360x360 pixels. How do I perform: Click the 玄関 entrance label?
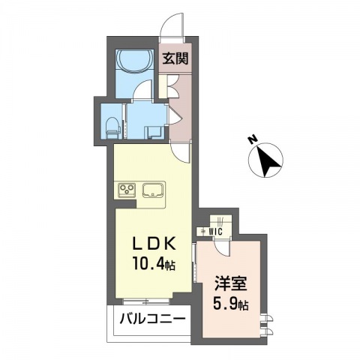tap(175, 58)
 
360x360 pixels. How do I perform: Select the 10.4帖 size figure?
tap(154, 264)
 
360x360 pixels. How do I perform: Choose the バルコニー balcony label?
tap(153, 319)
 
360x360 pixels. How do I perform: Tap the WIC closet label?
tap(216, 232)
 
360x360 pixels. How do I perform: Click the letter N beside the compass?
tap(253, 139)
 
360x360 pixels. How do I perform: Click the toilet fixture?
tap(111, 127)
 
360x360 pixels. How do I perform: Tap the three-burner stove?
tap(127, 190)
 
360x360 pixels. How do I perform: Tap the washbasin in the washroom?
tap(154, 132)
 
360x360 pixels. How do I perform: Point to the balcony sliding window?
tap(147, 301)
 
